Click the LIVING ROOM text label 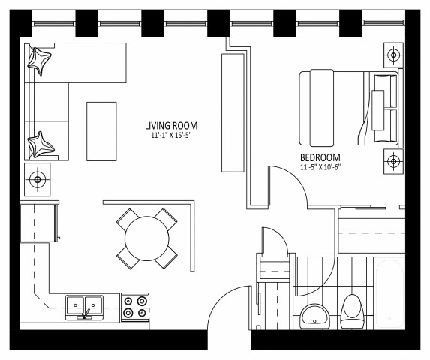pos(170,126)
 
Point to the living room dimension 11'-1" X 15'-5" pos(170,136)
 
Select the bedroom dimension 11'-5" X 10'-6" pos(321,168)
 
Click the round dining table pos(147,238)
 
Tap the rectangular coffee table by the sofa pos(101,130)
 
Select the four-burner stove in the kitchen pos(135,307)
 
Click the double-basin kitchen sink pos(84,305)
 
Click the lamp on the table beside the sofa pos(38,179)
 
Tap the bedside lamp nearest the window pos(392,54)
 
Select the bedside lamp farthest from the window pos(392,160)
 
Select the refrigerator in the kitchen pos(39,222)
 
